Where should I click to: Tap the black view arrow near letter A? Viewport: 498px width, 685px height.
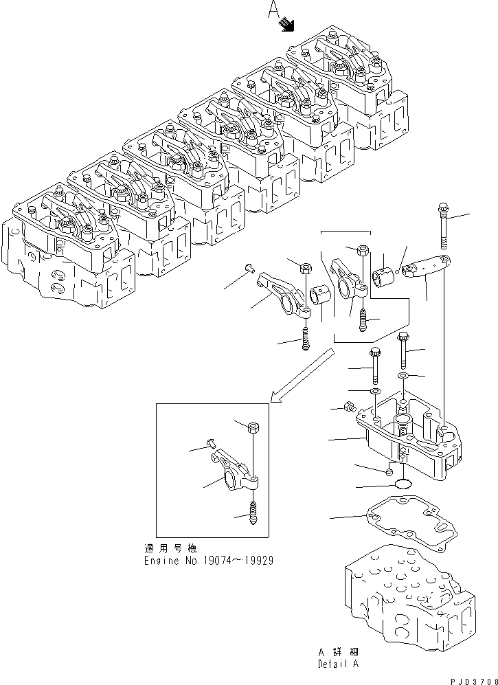(286, 25)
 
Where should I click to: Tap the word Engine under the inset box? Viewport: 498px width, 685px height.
(159, 560)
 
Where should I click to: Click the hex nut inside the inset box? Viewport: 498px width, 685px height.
(253, 428)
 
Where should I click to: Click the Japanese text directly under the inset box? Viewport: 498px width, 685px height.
(171, 548)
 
